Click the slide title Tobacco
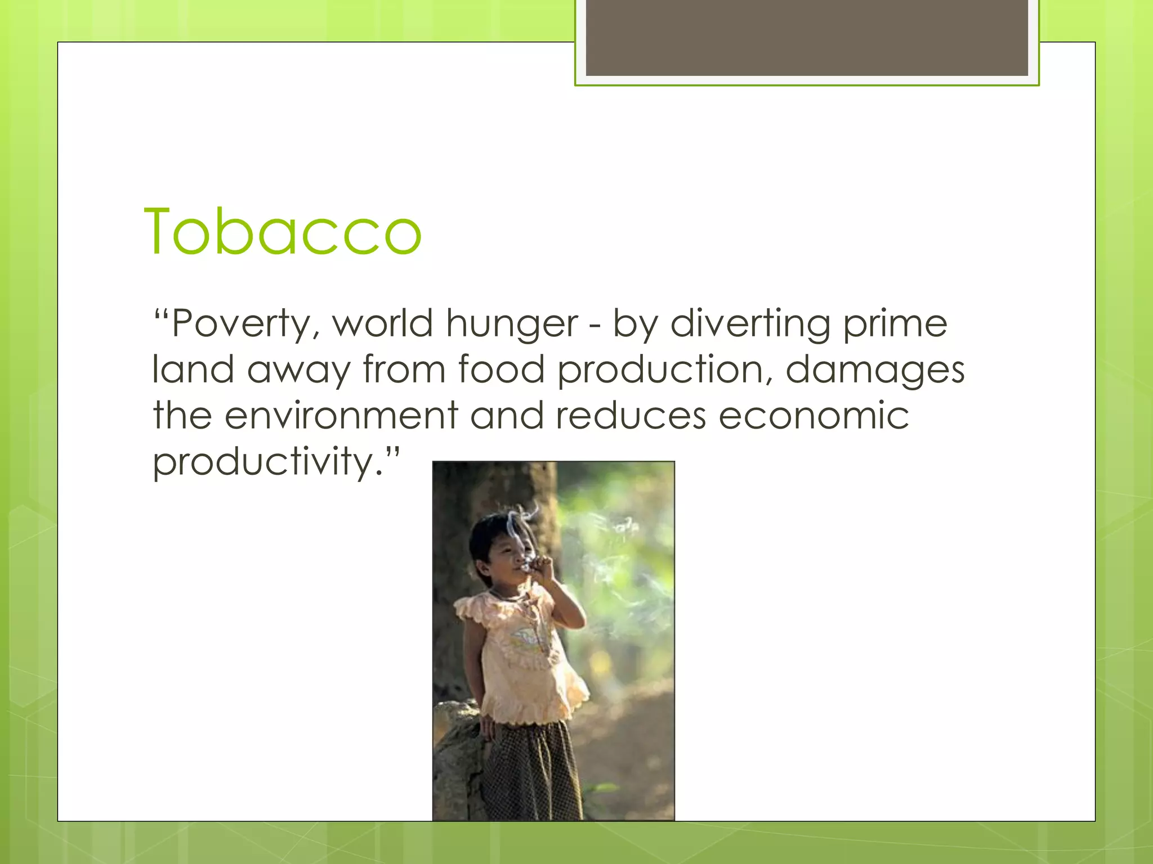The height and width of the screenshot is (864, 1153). coord(283,232)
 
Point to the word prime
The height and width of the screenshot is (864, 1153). coord(895,325)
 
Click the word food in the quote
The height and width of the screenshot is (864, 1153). coord(501,370)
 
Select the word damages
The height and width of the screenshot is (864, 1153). coord(875,371)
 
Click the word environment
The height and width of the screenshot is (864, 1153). coord(341,416)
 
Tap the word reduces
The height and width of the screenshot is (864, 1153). coord(631,416)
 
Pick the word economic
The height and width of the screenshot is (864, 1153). coord(814,416)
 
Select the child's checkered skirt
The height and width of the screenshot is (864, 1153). coord(532,771)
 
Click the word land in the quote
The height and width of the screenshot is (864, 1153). coord(193,370)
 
